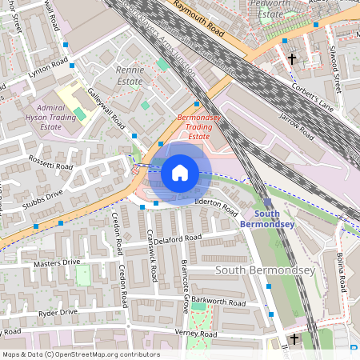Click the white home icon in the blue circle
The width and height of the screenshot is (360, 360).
tap(180, 172)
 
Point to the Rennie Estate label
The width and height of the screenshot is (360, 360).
tap(129, 75)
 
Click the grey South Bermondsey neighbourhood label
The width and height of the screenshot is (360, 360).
tap(266, 270)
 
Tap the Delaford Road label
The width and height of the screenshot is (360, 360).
tap(177, 238)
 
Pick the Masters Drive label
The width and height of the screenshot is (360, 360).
tap(57, 262)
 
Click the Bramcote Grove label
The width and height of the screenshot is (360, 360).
tap(184, 280)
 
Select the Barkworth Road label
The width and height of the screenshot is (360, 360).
tap(218, 303)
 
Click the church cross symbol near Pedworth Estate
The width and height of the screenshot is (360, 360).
tap(292, 59)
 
